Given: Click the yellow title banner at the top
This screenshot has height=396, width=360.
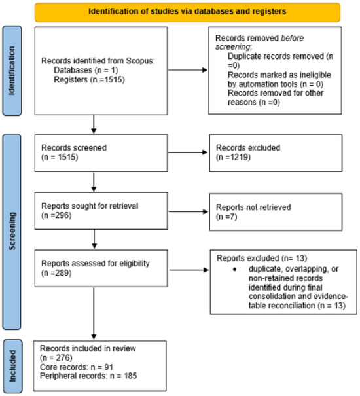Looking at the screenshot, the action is coord(187,12).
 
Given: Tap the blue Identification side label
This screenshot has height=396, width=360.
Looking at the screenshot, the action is coord(12,71).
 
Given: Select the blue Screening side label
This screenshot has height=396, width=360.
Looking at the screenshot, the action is coord(12,232).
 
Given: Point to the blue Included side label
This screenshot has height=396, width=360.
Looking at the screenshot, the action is coord(12,366).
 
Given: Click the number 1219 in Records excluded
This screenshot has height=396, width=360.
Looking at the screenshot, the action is coord(239,157).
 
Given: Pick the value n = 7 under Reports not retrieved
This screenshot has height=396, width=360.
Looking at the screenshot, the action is coord(226,217).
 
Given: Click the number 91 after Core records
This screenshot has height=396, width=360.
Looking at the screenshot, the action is coord(109,367).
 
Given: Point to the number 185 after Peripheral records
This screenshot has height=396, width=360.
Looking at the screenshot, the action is coord(130,376).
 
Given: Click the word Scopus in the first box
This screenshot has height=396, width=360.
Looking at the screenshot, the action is coord(141,61).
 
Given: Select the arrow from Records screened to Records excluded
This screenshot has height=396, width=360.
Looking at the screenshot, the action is coord(187,153).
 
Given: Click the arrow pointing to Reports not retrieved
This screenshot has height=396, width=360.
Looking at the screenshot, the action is coord(189,211).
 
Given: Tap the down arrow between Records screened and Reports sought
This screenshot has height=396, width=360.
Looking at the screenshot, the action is coord(94,182).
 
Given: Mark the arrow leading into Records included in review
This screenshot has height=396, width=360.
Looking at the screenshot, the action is coord(94,313).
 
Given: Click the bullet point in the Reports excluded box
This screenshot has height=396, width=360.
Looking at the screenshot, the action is coord(235,270).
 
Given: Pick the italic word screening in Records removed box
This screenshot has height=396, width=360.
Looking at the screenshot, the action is coord(232,47).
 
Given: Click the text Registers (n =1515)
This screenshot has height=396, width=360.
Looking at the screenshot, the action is coord(90,80).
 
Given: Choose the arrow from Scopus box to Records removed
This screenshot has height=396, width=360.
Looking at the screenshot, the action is coord(187,70).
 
